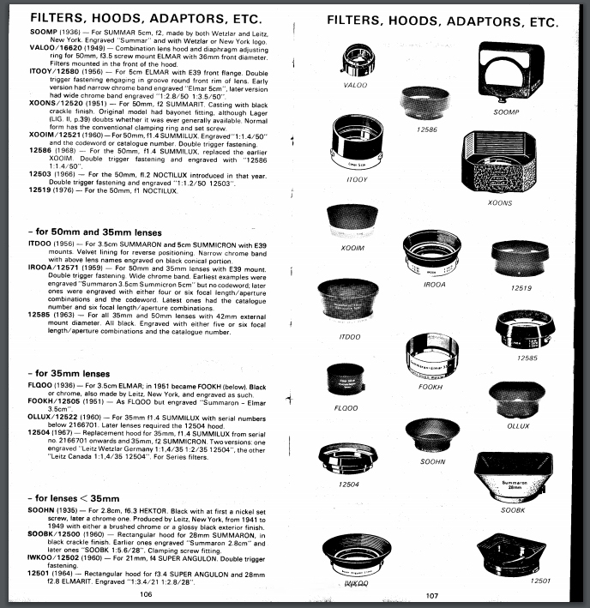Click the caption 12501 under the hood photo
(x=540, y=581)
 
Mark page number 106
(x=147, y=593)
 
